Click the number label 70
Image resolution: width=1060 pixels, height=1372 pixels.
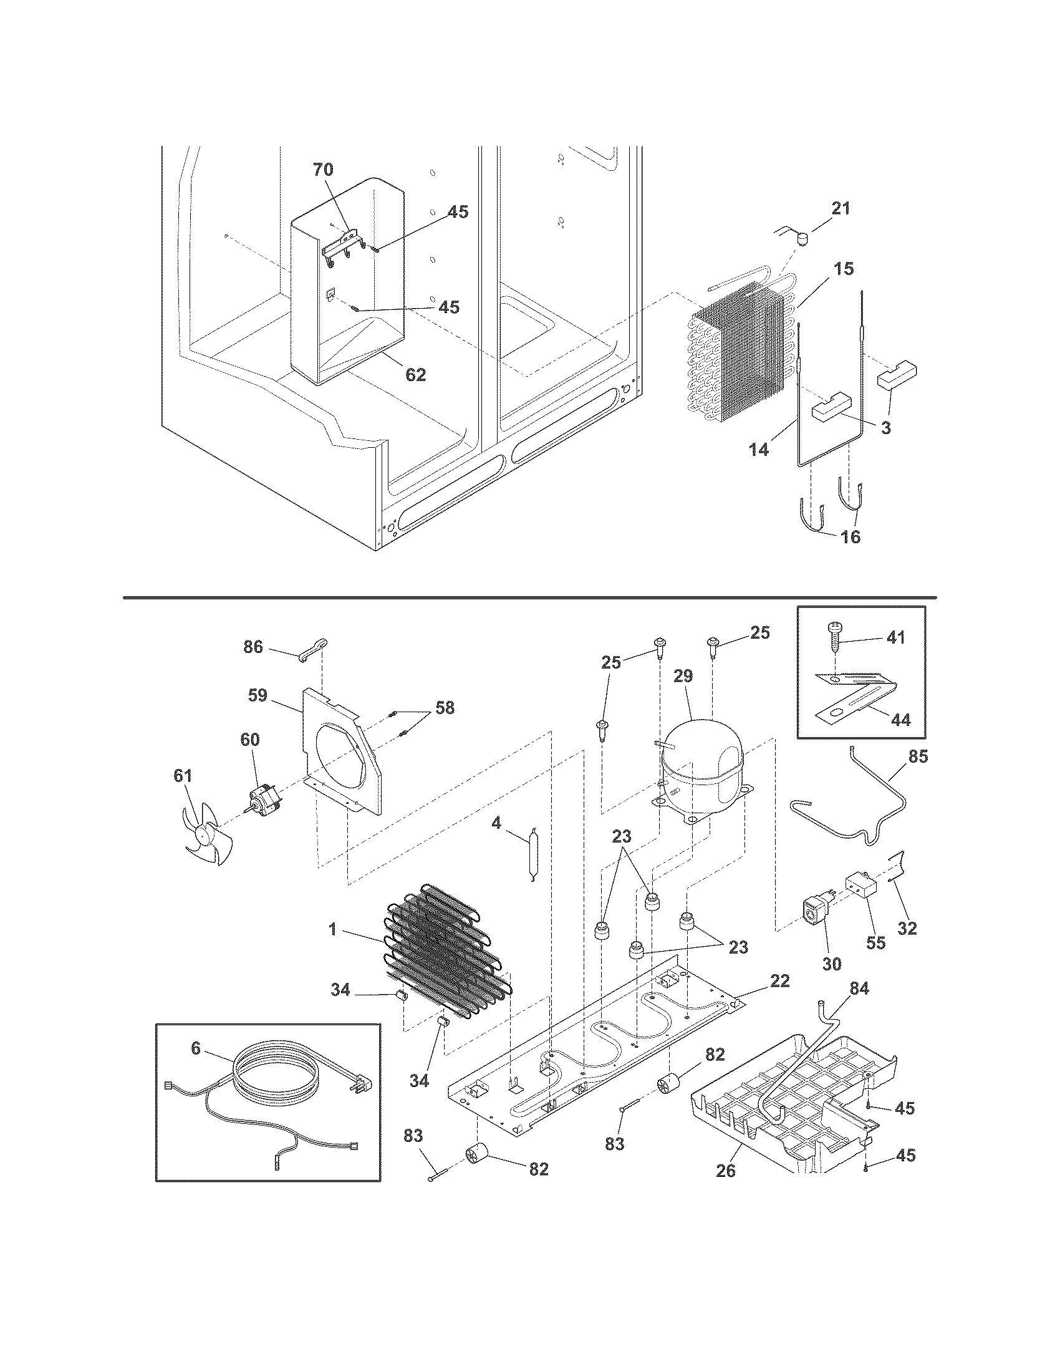pyautogui.click(x=324, y=169)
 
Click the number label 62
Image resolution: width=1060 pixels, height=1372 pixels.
pyautogui.click(x=416, y=374)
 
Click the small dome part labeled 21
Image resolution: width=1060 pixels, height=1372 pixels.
pyautogui.click(x=800, y=238)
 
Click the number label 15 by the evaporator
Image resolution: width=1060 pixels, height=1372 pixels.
pyautogui.click(x=844, y=269)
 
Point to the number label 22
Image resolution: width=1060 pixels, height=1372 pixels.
pyautogui.click(x=779, y=980)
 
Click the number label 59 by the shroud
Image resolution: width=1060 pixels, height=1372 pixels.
pyautogui.click(x=258, y=695)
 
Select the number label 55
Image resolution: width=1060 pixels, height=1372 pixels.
pyautogui.click(x=875, y=960)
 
